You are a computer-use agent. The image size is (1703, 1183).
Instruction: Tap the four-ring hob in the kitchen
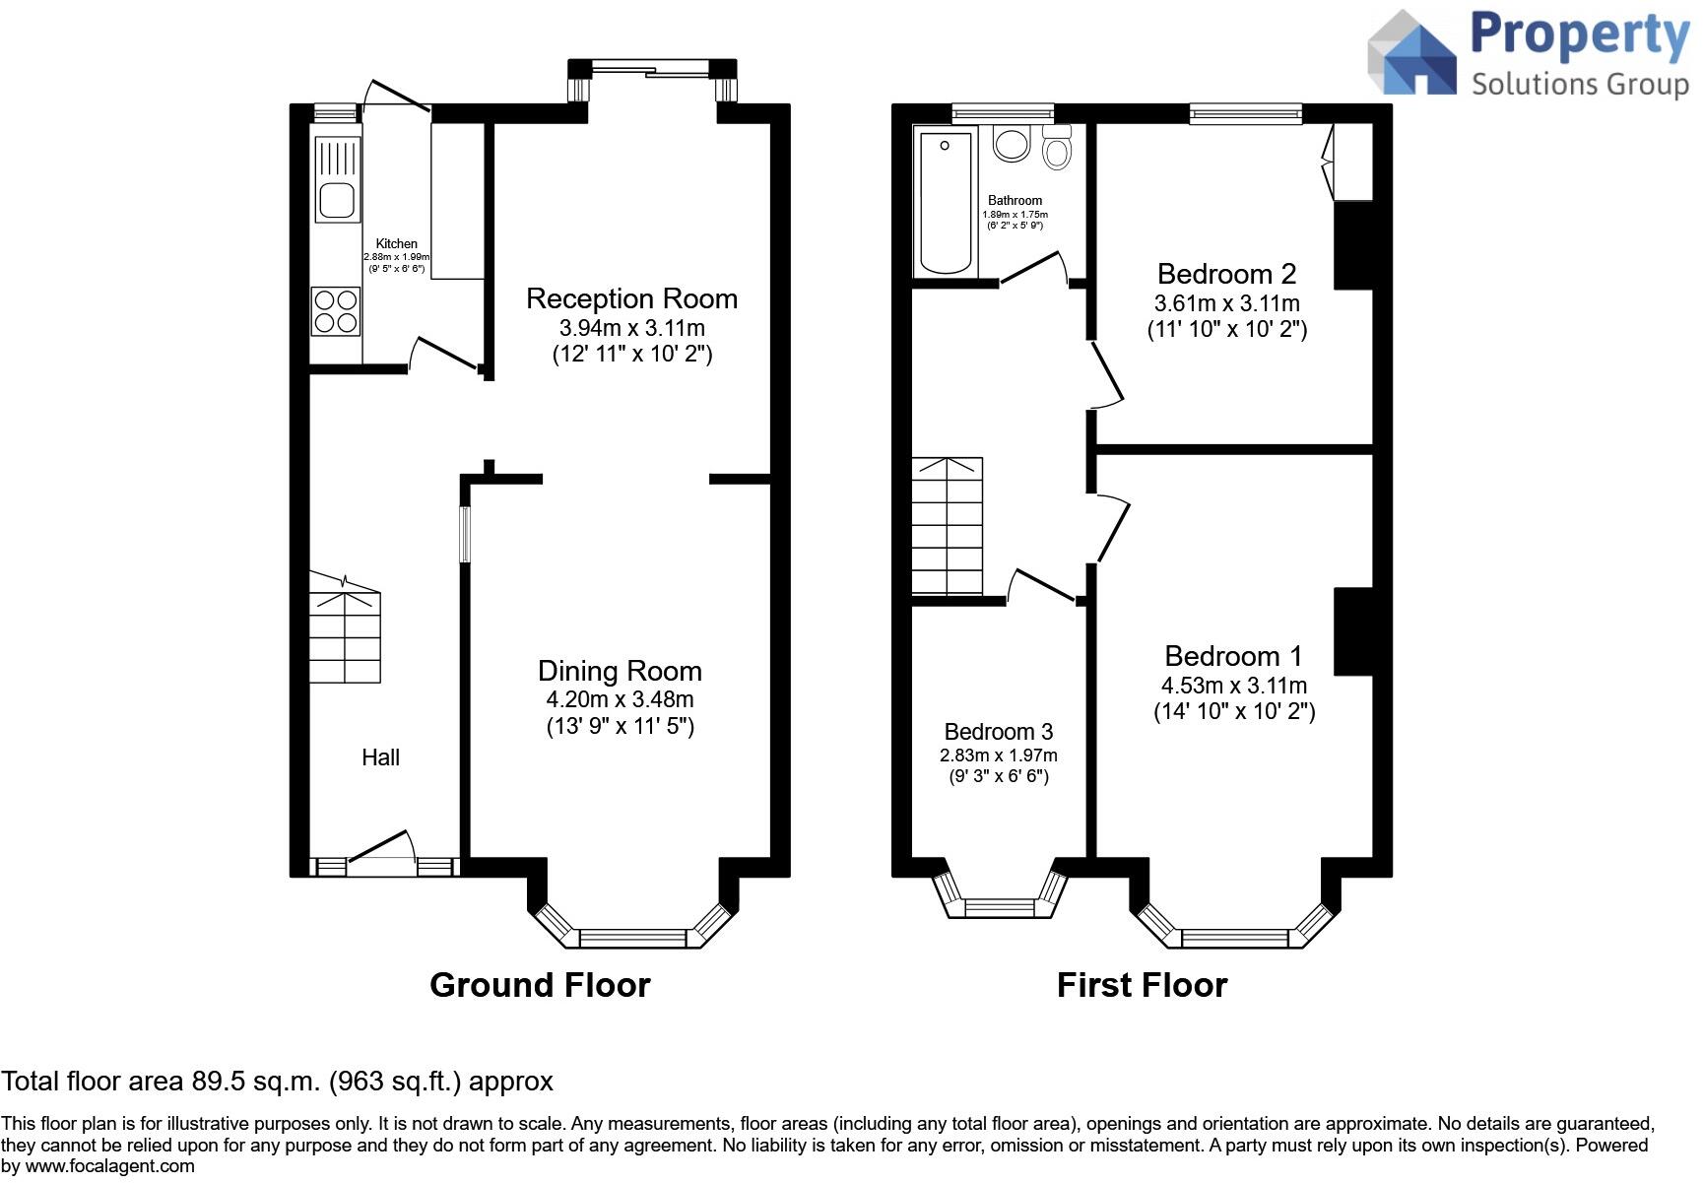click(x=336, y=310)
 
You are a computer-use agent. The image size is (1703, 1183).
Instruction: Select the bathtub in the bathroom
click(x=946, y=203)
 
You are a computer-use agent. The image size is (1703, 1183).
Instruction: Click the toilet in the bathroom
click(x=1057, y=147)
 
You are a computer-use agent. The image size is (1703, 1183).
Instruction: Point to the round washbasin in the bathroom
click(x=1011, y=144)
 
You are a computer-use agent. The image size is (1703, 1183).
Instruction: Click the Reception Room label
click(x=631, y=298)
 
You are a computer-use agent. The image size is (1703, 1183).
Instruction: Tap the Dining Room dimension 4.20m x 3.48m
click(x=621, y=699)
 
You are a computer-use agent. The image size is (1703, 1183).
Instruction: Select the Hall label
click(x=380, y=757)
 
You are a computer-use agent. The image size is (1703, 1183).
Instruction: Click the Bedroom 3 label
click(x=999, y=732)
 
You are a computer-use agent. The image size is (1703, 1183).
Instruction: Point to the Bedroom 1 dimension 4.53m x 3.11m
click(x=1234, y=686)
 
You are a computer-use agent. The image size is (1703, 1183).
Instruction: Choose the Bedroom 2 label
click(x=1227, y=274)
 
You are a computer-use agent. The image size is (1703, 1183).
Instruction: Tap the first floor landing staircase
click(x=947, y=526)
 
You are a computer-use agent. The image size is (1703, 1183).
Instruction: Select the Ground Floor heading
click(x=541, y=985)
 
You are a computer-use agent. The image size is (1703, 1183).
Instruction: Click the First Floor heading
click(x=1143, y=985)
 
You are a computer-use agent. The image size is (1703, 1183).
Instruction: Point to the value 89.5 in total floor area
click(x=216, y=1082)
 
